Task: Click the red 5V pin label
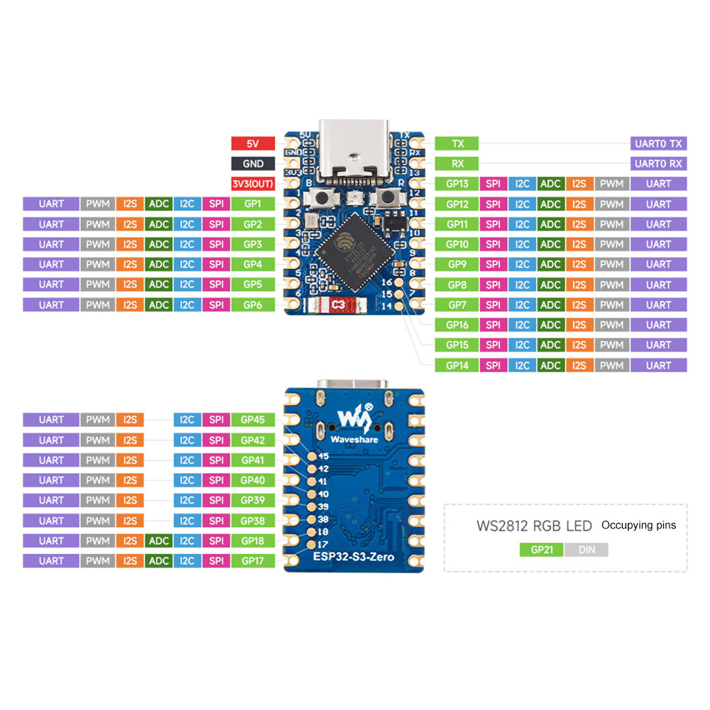pos(253,143)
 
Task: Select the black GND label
pos(253,164)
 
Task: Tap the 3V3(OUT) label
pos(253,184)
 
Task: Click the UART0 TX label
pos(658,143)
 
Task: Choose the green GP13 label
pos(457,184)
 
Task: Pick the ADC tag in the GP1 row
pos(159,204)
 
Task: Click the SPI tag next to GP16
pos(492,325)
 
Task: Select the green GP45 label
pos(253,420)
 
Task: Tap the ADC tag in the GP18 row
pos(159,540)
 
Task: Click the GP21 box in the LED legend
pos(541,550)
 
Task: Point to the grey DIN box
pos(586,550)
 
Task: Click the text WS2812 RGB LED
pos(533,527)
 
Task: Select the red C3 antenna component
pos(339,306)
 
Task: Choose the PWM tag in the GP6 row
pos(98,304)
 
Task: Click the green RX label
pos(457,164)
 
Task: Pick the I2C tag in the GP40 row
pos(187,480)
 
